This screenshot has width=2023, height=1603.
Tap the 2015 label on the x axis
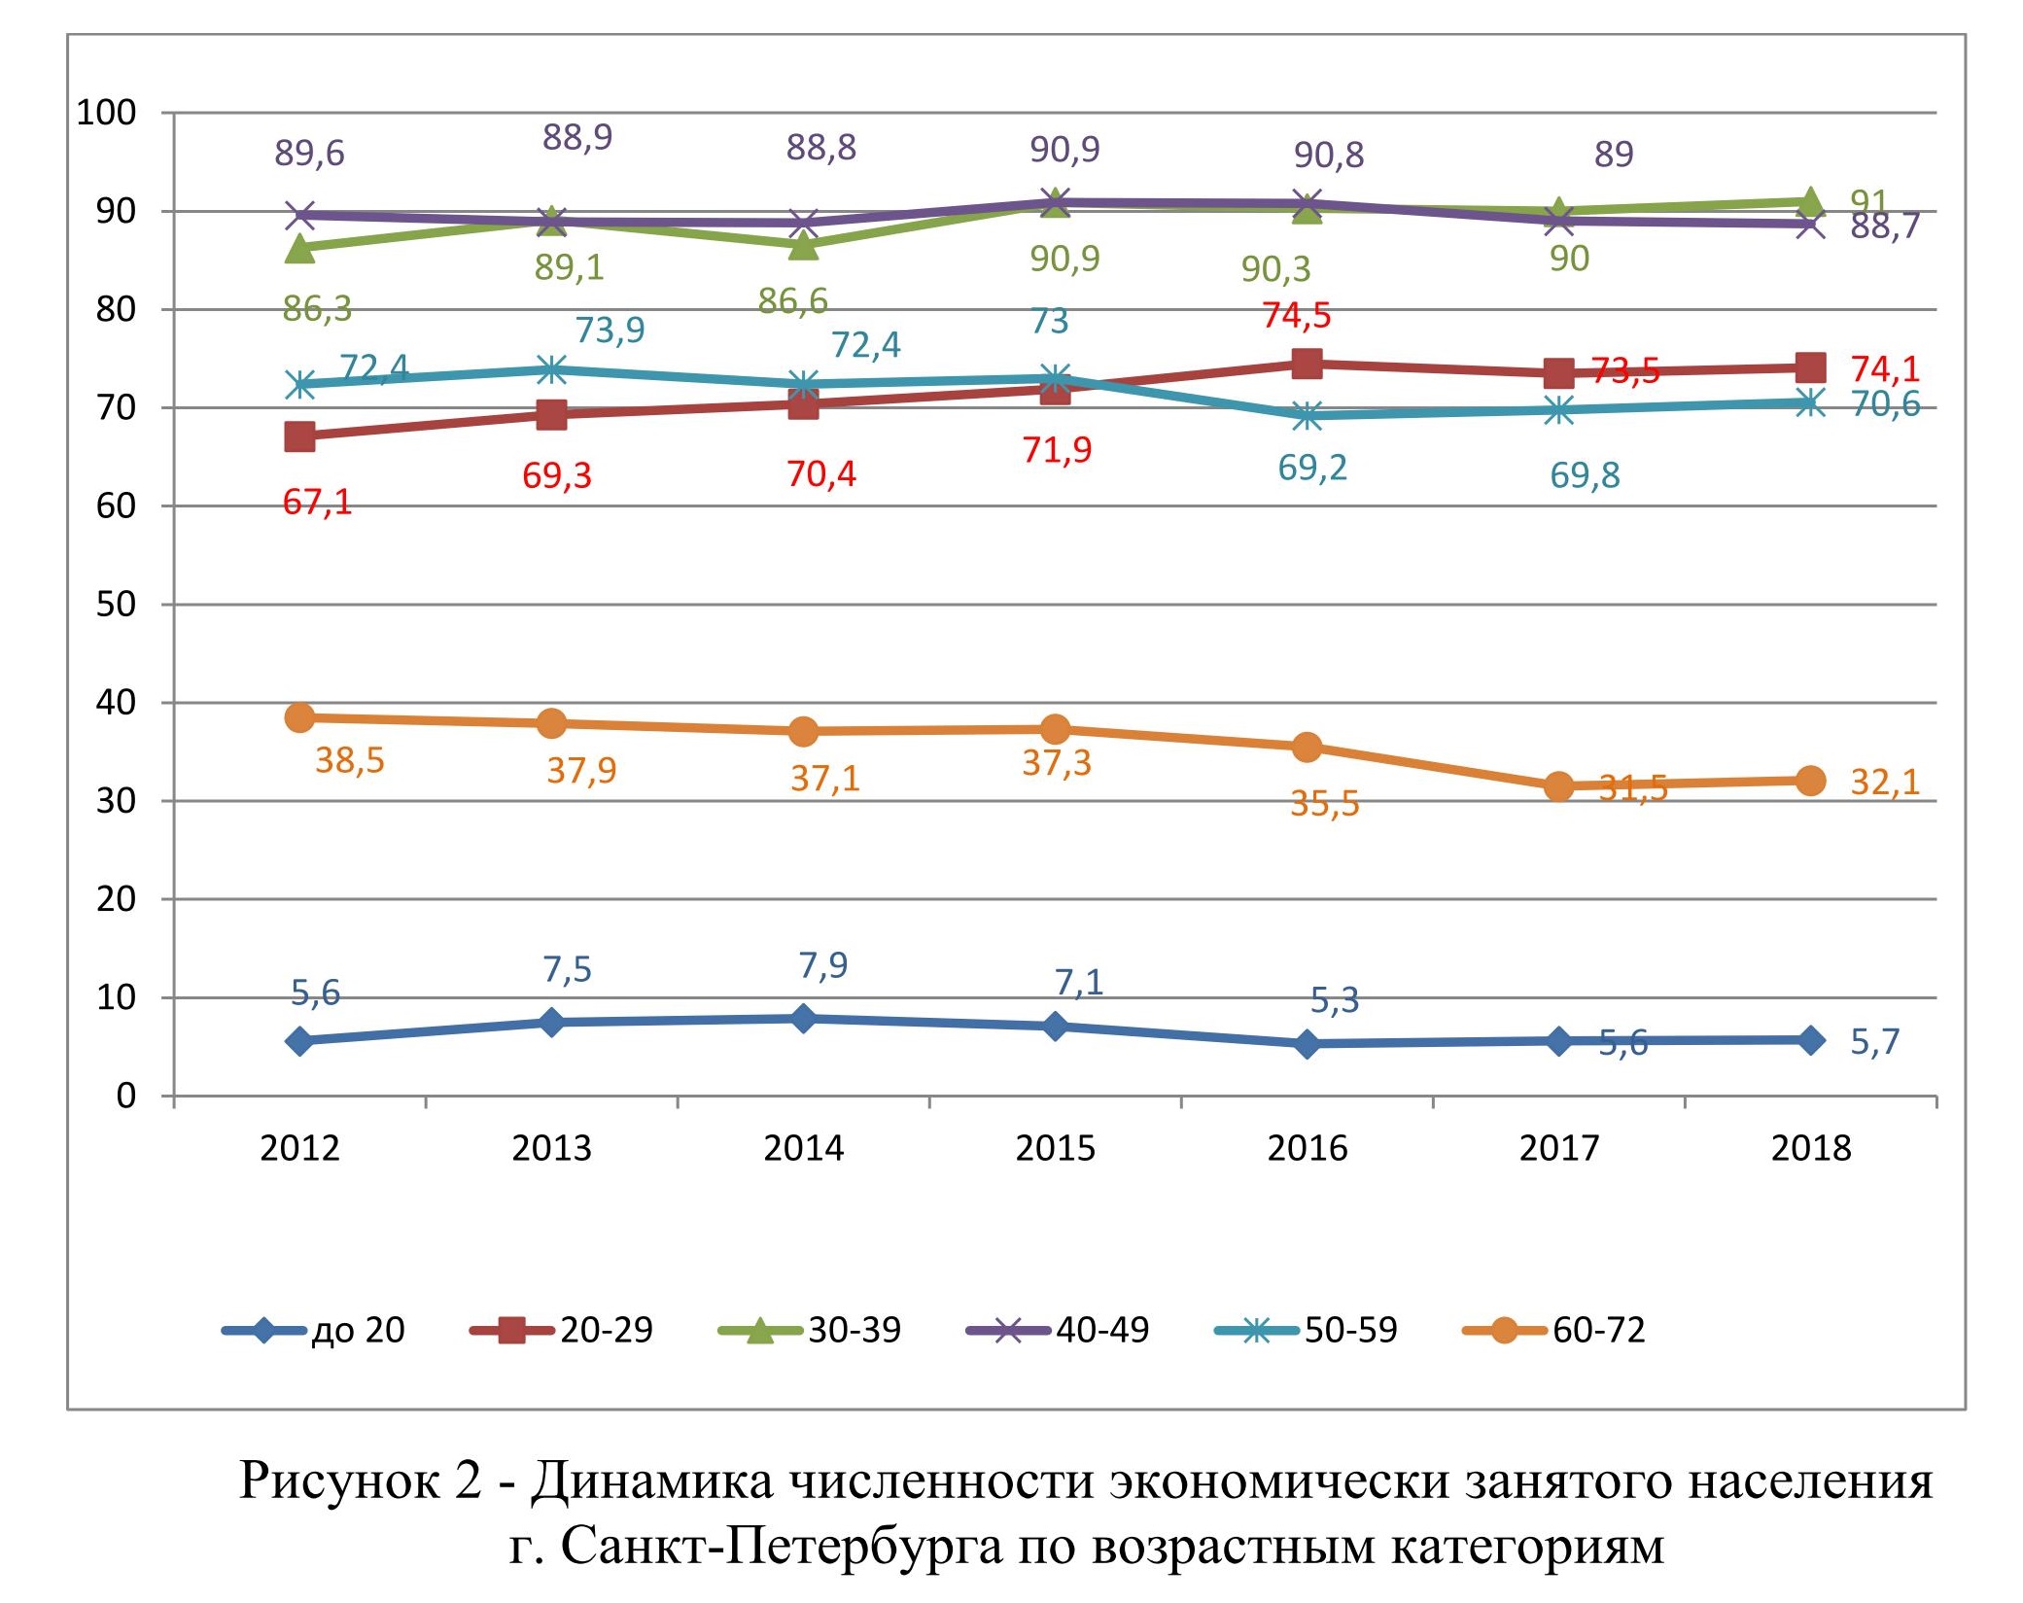1055,1149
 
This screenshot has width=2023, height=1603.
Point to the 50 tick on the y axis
116,605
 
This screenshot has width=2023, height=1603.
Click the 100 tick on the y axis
106,113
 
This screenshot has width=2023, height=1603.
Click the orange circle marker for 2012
300,718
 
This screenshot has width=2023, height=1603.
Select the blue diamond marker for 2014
803,1019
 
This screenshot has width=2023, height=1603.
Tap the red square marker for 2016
1308,365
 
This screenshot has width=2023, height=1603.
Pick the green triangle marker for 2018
1810,202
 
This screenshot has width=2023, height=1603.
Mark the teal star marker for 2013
551,369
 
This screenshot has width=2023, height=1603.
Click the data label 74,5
1296,316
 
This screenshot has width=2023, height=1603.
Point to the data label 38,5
350,760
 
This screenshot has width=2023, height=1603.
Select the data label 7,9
822,965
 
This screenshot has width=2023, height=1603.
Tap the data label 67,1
317,503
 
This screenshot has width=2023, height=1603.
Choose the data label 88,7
1885,227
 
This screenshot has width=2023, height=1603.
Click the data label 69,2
1311,469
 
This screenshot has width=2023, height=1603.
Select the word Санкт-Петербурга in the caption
781,1545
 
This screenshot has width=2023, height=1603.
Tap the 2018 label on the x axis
1810,1149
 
